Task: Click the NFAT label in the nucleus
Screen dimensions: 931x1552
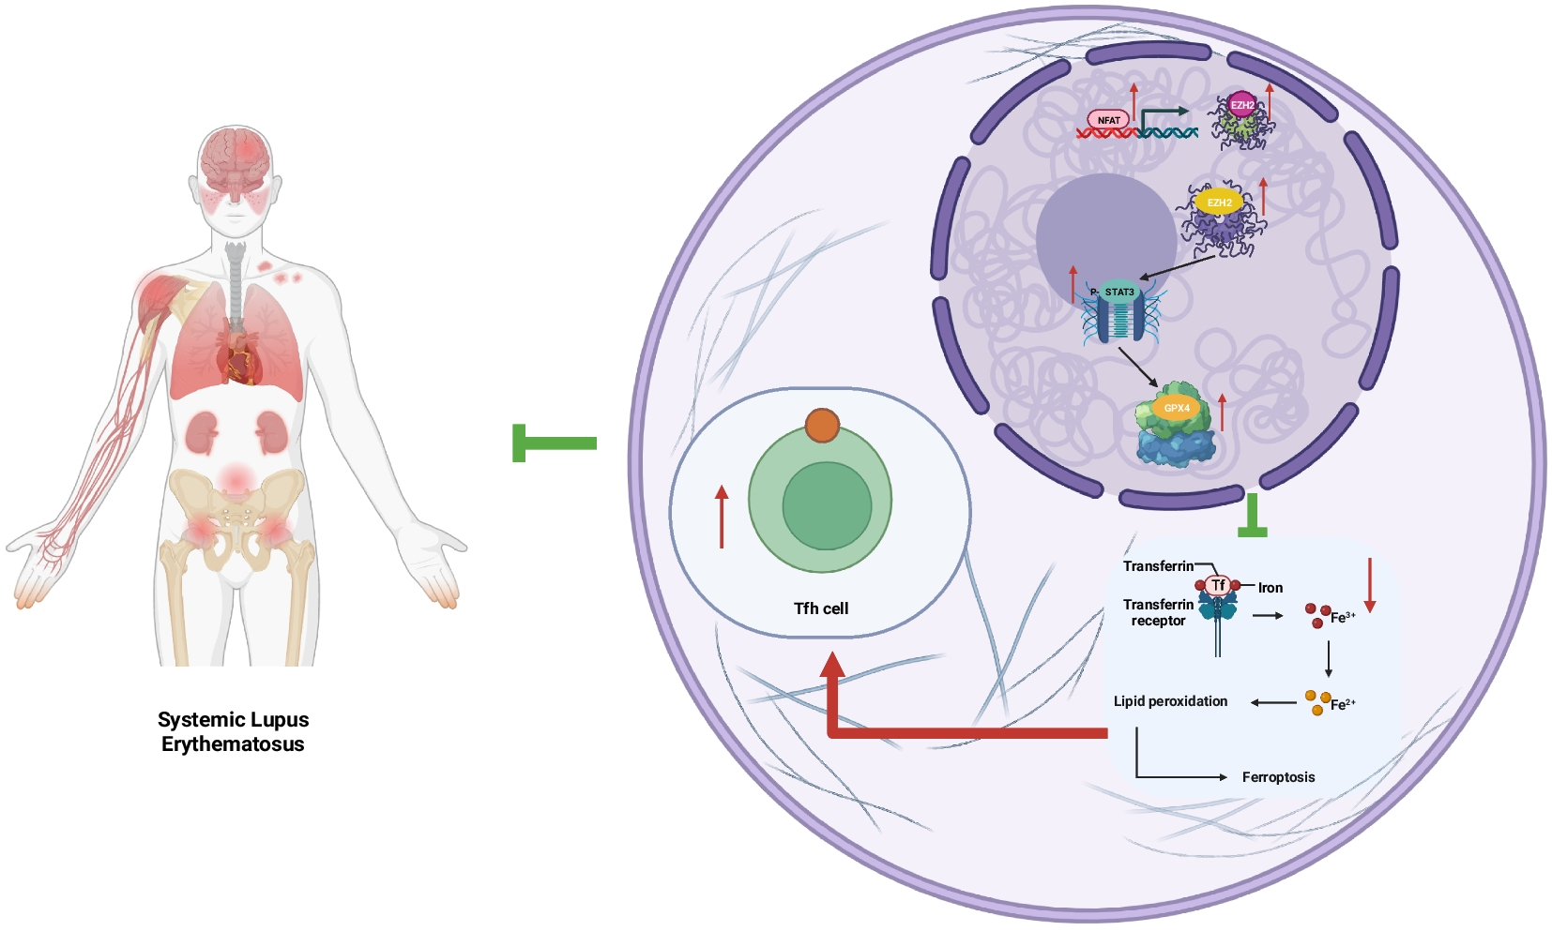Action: click(1108, 120)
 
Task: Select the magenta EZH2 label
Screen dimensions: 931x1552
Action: click(1242, 105)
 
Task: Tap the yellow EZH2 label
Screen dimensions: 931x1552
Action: click(1219, 203)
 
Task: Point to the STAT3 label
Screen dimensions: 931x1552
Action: click(1118, 293)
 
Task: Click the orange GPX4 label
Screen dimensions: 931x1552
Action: click(1177, 408)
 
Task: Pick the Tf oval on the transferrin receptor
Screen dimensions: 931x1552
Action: click(1218, 585)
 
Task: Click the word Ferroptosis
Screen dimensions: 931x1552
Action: click(1278, 777)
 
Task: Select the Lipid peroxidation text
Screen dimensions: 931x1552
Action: click(1170, 701)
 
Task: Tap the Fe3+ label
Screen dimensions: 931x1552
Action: click(1342, 617)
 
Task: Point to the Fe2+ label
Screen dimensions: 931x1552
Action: click(1342, 704)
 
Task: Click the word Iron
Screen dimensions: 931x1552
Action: click(1270, 588)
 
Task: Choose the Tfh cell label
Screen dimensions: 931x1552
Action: click(821, 608)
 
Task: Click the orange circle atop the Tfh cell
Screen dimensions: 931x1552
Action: click(822, 426)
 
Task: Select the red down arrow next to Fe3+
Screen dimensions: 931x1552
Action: click(1370, 585)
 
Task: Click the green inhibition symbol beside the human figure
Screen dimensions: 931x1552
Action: click(554, 443)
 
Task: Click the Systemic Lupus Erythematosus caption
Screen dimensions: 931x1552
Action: click(233, 732)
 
